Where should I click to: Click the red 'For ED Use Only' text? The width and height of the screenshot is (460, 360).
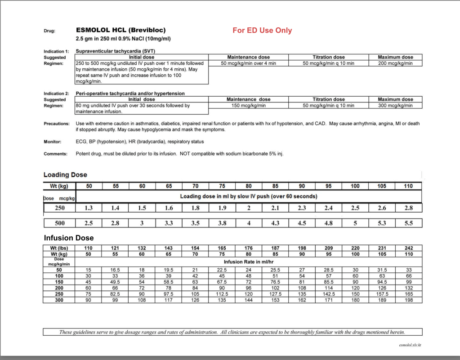pyautogui.click(x=262, y=31)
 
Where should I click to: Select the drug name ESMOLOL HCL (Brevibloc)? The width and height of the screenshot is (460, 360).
pyautogui.click(x=121, y=30)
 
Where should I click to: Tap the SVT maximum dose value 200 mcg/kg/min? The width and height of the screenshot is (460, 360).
pyautogui.click(x=395, y=63)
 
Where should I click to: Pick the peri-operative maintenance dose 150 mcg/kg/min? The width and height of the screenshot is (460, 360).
pyautogui.click(x=248, y=106)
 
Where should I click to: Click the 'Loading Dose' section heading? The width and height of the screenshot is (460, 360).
pyautogui.click(x=65, y=175)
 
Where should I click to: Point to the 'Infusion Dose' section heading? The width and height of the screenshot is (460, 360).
pyautogui.click(x=68, y=238)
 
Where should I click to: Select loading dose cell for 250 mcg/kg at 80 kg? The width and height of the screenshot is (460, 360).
pyautogui.click(x=249, y=208)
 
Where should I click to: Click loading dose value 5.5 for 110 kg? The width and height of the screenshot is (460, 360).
pyautogui.click(x=408, y=223)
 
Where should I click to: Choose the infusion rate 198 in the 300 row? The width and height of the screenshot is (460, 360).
pyautogui.click(x=408, y=300)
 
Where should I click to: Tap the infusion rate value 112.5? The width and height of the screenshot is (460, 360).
pyautogui.click(x=222, y=294)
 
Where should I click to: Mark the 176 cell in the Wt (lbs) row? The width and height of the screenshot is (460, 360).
pyautogui.click(x=249, y=248)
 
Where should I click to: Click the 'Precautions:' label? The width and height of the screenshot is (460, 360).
pyautogui.click(x=57, y=124)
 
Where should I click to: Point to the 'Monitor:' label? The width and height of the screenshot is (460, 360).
pyautogui.click(x=52, y=142)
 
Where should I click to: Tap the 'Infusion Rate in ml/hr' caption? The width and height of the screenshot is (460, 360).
pyautogui.click(x=248, y=262)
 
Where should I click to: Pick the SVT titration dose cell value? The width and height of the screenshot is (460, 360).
pyautogui.click(x=328, y=63)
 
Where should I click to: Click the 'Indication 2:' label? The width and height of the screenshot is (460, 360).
pyautogui.click(x=56, y=93)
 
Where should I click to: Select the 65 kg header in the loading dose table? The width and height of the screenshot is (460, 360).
pyautogui.click(x=169, y=186)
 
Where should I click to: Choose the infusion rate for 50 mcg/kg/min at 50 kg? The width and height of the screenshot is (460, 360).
pyautogui.click(x=89, y=270)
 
